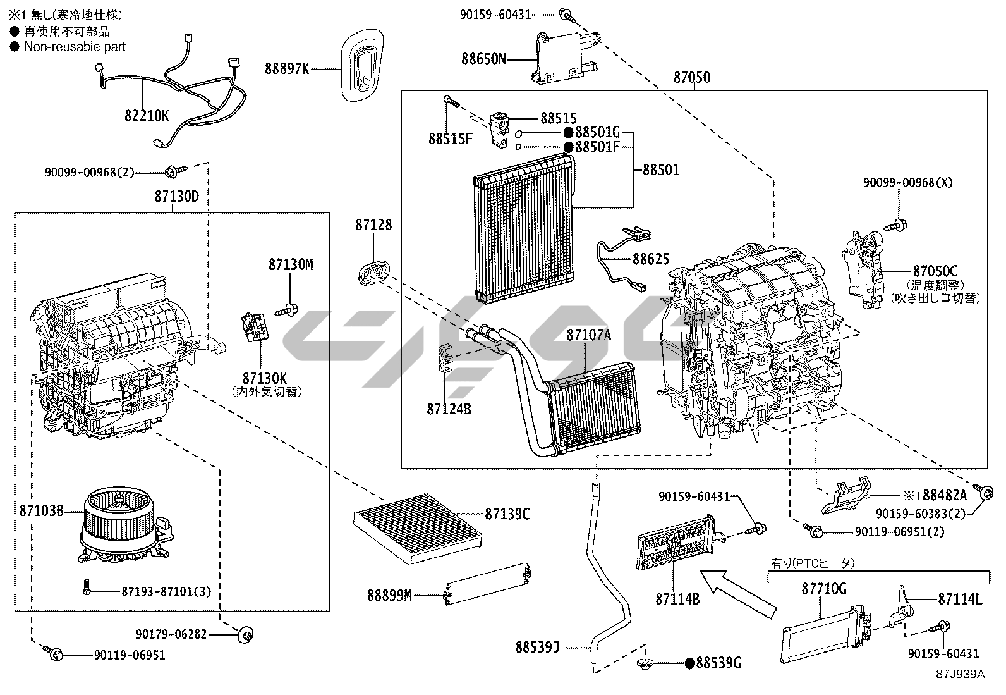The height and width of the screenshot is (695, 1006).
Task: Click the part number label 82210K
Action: [x=146, y=116]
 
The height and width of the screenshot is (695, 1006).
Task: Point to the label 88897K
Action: [x=287, y=68]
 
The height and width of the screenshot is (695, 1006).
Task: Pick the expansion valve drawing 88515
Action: [x=500, y=128]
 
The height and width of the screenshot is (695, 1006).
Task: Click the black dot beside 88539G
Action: [x=690, y=663]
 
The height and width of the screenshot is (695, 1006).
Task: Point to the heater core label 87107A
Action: [x=588, y=335]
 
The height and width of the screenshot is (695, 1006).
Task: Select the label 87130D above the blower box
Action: [x=176, y=196]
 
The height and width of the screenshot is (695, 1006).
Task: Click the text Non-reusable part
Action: [x=75, y=46]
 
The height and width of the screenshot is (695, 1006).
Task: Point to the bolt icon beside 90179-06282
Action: [x=245, y=634]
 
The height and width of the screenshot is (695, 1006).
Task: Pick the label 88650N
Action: [x=483, y=59]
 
